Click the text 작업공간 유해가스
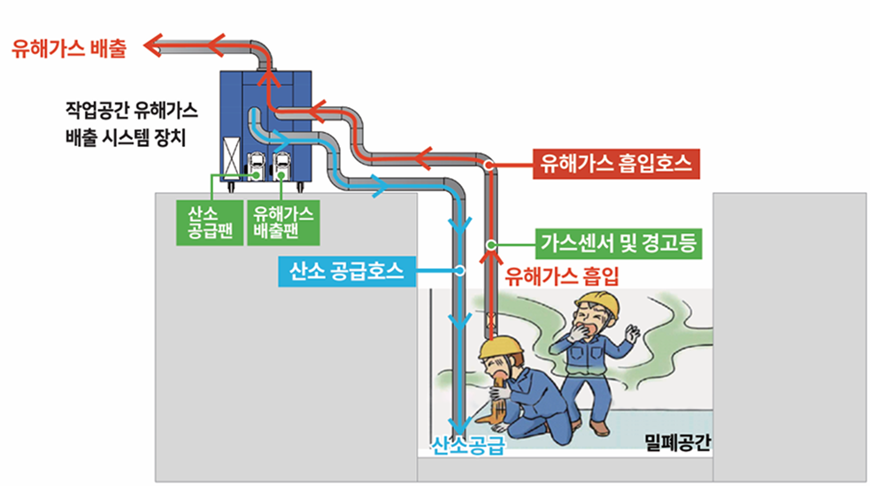[x=131, y=112]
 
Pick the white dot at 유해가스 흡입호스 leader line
[x=488, y=164]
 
